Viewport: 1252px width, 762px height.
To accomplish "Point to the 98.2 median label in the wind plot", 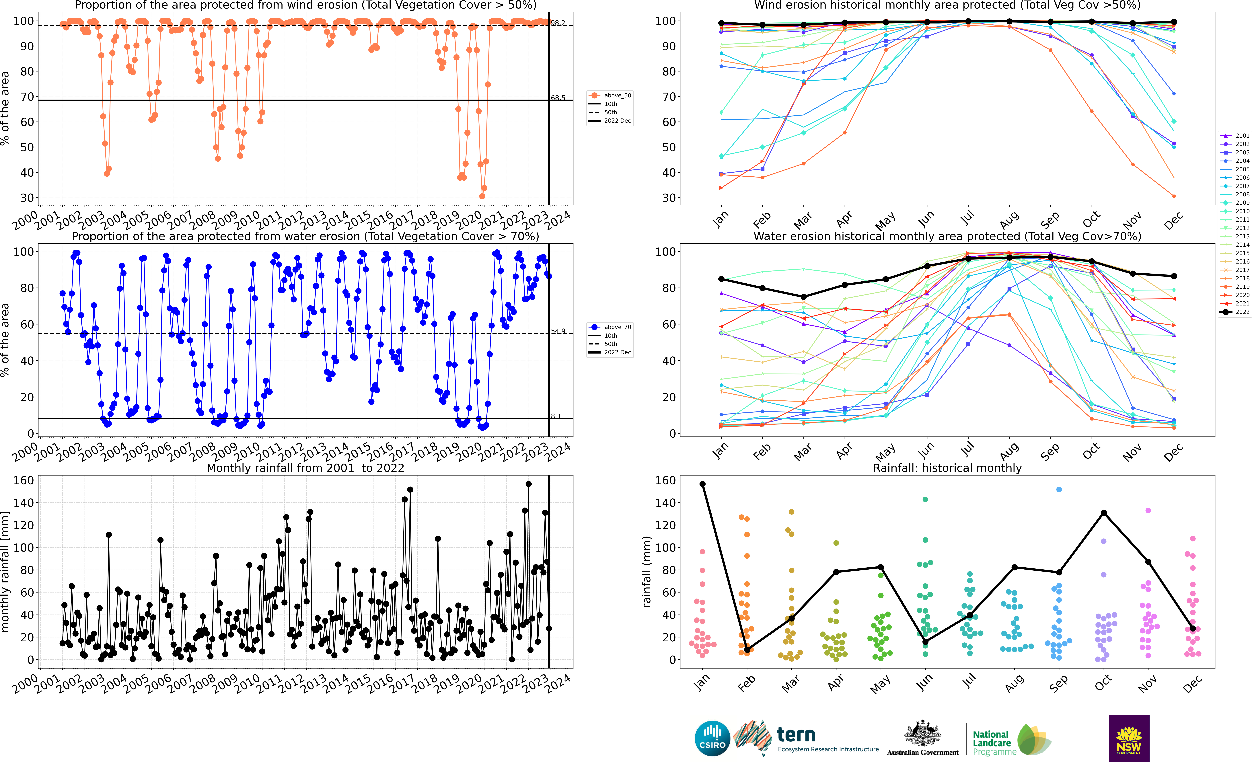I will [x=558, y=23].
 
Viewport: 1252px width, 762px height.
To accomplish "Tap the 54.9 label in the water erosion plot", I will [x=558, y=331].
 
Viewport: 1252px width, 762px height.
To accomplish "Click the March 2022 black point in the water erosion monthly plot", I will [x=803, y=297].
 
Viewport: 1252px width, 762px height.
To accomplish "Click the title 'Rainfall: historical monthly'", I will [x=947, y=468].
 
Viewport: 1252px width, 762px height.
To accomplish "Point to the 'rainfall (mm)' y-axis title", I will [x=647, y=572].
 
